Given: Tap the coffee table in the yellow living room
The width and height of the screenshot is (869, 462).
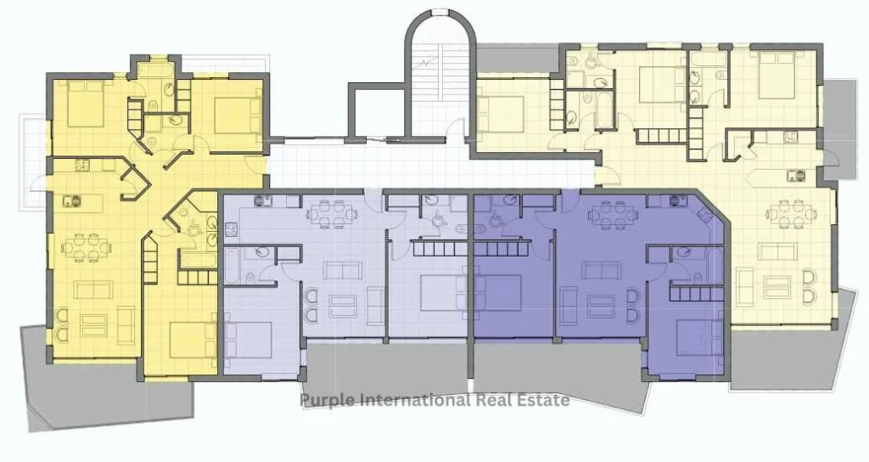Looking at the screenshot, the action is [94, 325].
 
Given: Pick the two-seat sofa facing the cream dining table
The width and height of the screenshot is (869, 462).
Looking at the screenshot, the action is [779, 251].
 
